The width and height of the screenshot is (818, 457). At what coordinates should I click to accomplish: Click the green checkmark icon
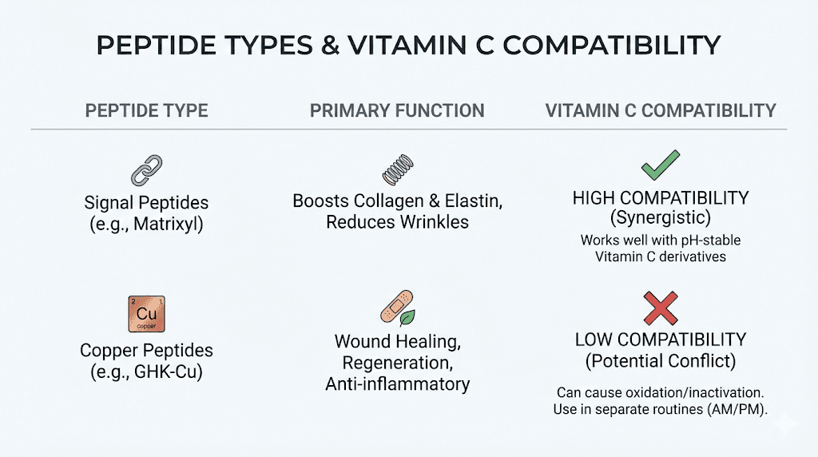click(660, 165)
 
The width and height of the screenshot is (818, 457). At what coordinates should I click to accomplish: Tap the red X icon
click(660, 308)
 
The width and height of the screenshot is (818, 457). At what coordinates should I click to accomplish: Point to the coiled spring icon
click(397, 173)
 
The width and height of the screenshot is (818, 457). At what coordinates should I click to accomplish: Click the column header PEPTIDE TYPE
click(146, 110)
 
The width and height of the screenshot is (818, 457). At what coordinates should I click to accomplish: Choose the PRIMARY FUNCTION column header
click(397, 110)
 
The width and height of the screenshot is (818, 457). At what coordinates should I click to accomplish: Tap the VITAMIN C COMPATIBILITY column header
click(661, 110)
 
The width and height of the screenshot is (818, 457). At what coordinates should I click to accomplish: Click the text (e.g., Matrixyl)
click(146, 224)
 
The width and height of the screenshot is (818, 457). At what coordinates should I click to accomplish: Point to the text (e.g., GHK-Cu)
click(146, 372)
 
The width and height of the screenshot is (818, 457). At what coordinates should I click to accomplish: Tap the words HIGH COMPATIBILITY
click(661, 198)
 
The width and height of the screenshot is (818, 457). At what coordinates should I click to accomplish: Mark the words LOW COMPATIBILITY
click(661, 340)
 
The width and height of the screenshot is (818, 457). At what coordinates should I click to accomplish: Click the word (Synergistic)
click(661, 218)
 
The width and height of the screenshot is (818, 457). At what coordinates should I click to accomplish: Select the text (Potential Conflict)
click(661, 360)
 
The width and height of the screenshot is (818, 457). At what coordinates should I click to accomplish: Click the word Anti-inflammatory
click(397, 384)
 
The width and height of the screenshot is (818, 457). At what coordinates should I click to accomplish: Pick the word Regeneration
click(397, 364)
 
